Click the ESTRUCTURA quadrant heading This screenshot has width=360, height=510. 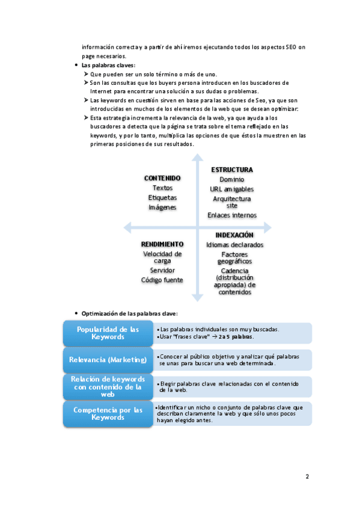click(x=232, y=170)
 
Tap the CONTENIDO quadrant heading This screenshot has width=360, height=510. click(x=162, y=178)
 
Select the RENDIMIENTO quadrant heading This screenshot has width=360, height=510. click(x=162, y=244)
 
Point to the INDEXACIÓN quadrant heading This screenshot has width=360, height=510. click(x=234, y=235)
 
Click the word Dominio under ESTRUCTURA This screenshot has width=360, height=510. click(x=232, y=179)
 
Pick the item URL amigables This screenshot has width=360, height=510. click(x=232, y=189)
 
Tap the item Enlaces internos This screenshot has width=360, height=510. click(x=232, y=215)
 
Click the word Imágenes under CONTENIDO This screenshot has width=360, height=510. click(x=162, y=207)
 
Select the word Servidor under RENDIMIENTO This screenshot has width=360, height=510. click(x=162, y=270)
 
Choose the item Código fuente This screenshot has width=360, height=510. click(x=162, y=280)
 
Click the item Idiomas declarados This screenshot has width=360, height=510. click(x=234, y=245)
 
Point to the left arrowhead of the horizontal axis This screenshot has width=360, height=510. click(x=127, y=227)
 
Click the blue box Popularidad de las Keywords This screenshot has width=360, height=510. click(x=108, y=333)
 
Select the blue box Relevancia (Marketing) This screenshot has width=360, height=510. click(x=108, y=360)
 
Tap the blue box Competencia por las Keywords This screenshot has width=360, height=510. click(x=108, y=413)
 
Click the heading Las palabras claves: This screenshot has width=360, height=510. click(x=108, y=65)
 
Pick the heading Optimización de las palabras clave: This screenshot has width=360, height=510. click(x=129, y=313)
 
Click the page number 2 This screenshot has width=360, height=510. click(x=307, y=477)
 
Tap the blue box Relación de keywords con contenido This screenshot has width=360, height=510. click(x=108, y=387)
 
